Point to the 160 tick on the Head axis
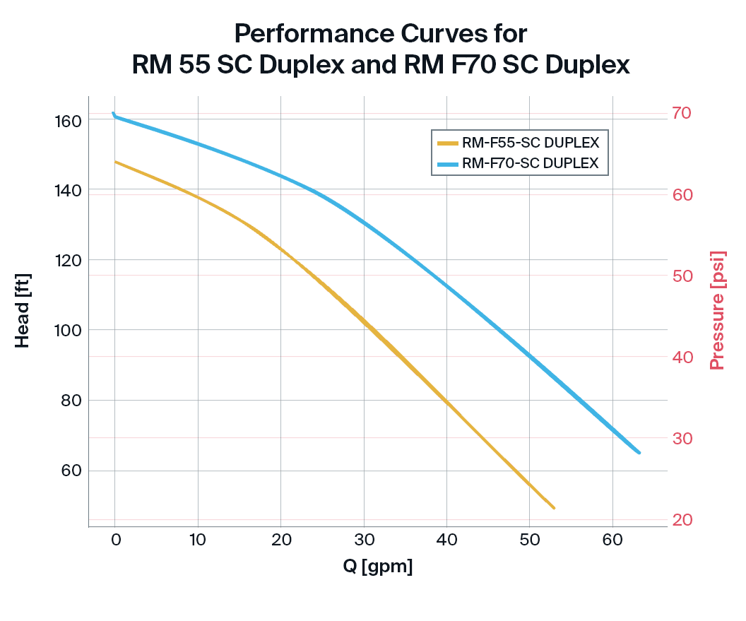point(68,121)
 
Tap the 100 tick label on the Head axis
point(68,331)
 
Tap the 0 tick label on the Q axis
point(115,541)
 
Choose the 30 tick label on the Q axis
point(364,541)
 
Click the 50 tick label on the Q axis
point(530,541)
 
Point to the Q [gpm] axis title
point(377,567)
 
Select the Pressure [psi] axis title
point(718,309)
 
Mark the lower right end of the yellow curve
point(554,508)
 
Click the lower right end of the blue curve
point(639,453)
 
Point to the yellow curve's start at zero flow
point(116,162)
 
